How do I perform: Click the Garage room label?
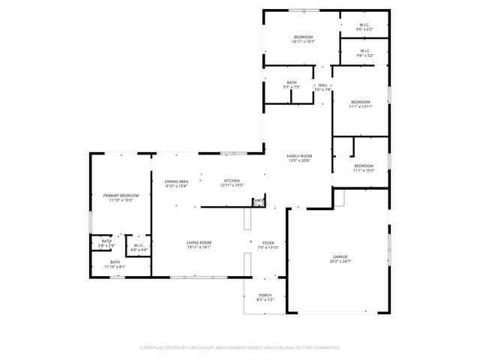coord(340,257)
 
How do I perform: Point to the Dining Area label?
coord(176,181)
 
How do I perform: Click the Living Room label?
coord(199,242)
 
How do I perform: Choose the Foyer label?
coord(268,242)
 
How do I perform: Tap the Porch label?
coord(265,295)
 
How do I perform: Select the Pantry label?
coord(259,201)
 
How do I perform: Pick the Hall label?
coord(322,85)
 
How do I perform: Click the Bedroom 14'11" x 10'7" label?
coord(303,37)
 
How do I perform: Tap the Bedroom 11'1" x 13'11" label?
coord(361,101)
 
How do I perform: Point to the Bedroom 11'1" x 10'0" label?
coord(364,165)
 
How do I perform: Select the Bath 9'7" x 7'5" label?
coord(291,82)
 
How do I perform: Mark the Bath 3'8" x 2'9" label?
coord(106,241)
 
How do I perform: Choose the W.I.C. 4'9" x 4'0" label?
coord(139,244)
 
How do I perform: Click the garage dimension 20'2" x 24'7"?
coord(340,262)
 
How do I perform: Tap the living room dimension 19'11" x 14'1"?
coord(199,247)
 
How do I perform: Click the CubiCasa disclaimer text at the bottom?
coord(240,347)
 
